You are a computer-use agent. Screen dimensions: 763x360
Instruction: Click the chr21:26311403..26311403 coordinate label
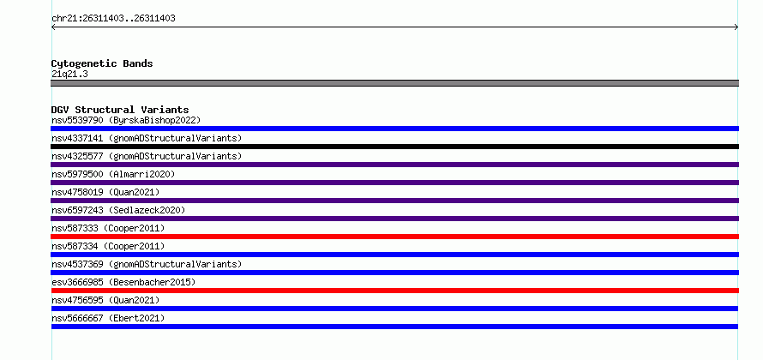113,19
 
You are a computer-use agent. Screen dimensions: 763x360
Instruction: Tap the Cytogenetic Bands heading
102,63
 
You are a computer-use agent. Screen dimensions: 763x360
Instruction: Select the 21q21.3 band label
69,75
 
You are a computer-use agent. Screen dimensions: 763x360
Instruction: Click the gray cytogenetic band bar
394,83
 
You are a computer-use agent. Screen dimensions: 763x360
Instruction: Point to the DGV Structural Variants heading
120,110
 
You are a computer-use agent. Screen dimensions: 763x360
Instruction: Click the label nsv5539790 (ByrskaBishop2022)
126,120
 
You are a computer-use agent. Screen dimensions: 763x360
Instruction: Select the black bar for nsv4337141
394,147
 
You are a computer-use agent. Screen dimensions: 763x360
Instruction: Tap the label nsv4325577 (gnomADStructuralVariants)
147,156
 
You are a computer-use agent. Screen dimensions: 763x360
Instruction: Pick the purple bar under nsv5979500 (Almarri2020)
394,183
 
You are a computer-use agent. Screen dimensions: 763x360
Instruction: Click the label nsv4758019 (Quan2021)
105,192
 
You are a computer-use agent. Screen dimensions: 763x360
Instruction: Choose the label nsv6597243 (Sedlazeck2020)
118,210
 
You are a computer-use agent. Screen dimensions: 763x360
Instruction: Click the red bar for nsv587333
394,237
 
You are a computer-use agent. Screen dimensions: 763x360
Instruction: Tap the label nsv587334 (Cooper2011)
108,246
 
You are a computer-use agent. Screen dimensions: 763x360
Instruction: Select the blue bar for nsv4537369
394,273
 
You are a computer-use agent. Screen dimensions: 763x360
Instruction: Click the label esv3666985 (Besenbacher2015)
123,282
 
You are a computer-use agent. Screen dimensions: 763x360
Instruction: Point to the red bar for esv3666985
394,291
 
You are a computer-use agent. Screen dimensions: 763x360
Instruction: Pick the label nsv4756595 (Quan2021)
105,300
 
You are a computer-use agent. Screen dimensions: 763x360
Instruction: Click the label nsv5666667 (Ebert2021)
108,318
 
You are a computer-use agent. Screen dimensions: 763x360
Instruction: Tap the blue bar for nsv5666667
394,327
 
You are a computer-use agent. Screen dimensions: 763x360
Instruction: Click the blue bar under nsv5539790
394,129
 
